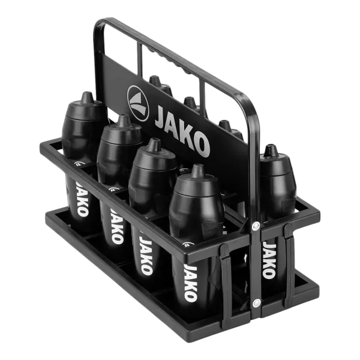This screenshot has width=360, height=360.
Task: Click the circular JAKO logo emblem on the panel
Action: (x=138, y=103)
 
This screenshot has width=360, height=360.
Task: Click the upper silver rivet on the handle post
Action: (x=256, y=226)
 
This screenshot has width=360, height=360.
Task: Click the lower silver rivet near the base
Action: (x=256, y=303)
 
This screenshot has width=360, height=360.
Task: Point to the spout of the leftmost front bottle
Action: (x=86, y=97)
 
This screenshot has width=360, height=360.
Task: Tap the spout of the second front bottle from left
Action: (x=124, y=121)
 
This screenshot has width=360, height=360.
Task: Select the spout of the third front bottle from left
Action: (x=154, y=145)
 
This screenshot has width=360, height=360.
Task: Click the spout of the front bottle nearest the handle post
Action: (x=198, y=171)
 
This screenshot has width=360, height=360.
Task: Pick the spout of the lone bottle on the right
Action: (x=271, y=151)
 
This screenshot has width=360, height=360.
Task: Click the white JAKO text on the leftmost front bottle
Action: (x=82, y=199)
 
